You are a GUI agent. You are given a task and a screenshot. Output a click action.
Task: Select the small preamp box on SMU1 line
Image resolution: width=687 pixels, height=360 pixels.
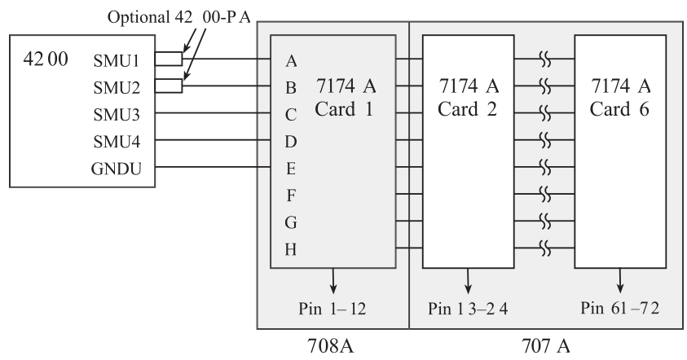point(169,59)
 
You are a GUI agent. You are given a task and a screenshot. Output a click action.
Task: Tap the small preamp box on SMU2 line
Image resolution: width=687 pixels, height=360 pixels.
point(169,86)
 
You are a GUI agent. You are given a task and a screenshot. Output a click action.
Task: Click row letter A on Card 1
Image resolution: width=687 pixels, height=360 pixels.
point(292,59)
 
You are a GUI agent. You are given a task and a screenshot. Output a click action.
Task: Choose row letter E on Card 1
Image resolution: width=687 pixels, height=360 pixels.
point(292,169)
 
